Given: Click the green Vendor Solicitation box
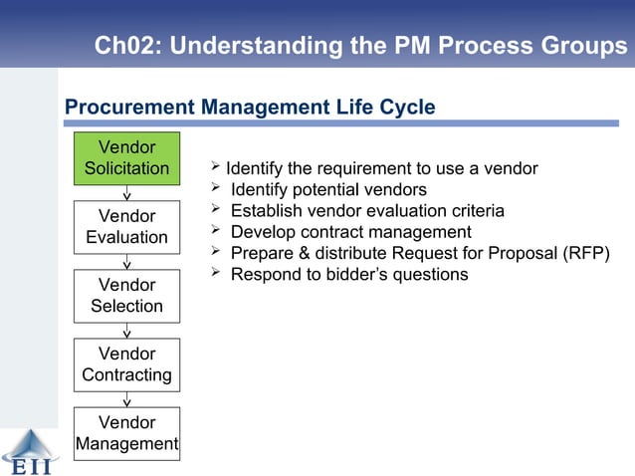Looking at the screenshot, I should [x=126, y=158].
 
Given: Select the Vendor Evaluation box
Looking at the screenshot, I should [x=126, y=227].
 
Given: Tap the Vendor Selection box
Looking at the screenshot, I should [x=126, y=296].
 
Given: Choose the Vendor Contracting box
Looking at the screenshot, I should [x=126, y=364].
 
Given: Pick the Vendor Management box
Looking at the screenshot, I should [x=126, y=433].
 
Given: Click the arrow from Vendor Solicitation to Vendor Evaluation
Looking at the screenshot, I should [x=127, y=193].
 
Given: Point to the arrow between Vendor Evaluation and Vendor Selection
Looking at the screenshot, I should [x=127, y=262].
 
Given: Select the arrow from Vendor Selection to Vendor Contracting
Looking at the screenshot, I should [x=127, y=331].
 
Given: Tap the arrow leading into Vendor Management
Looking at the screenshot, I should [x=127, y=399].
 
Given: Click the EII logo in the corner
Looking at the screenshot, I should [x=30, y=453].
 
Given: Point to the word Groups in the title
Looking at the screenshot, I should [x=585, y=46].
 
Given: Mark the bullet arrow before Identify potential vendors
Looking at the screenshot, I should [x=213, y=188].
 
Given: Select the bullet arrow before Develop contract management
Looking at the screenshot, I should [x=213, y=231].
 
